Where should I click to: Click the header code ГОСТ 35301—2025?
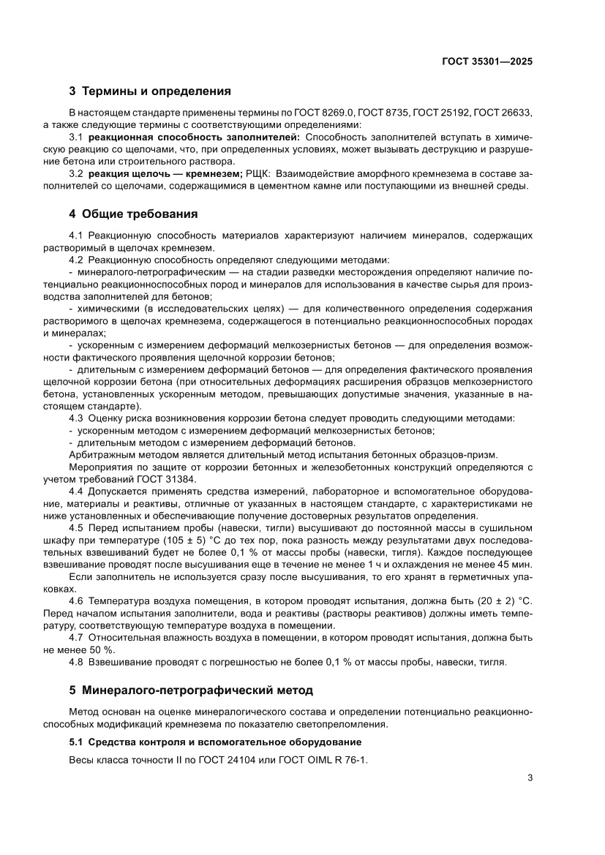487,62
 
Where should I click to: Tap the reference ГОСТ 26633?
503,113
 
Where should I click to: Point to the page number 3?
529,777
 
